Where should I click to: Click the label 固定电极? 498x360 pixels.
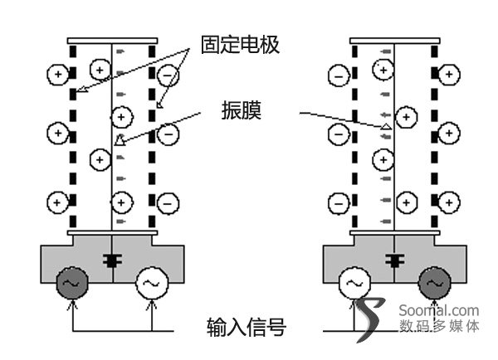(x=240, y=45)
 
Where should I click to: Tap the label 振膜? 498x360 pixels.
(x=241, y=109)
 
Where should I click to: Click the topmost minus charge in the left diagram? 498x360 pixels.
(x=168, y=75)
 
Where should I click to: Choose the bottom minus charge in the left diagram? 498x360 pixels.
(x=168, y=201)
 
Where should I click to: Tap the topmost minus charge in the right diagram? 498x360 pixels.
(x=339, y=75)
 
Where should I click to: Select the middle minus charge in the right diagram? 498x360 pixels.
(x=339, y=132)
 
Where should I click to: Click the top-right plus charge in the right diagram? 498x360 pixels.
(x=449, y=75)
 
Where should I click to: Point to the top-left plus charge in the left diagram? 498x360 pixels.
(x=56, y=75)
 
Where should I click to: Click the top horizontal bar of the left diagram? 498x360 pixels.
(x=112, y=40)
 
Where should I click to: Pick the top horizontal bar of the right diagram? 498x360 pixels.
(x=394, y=40)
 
